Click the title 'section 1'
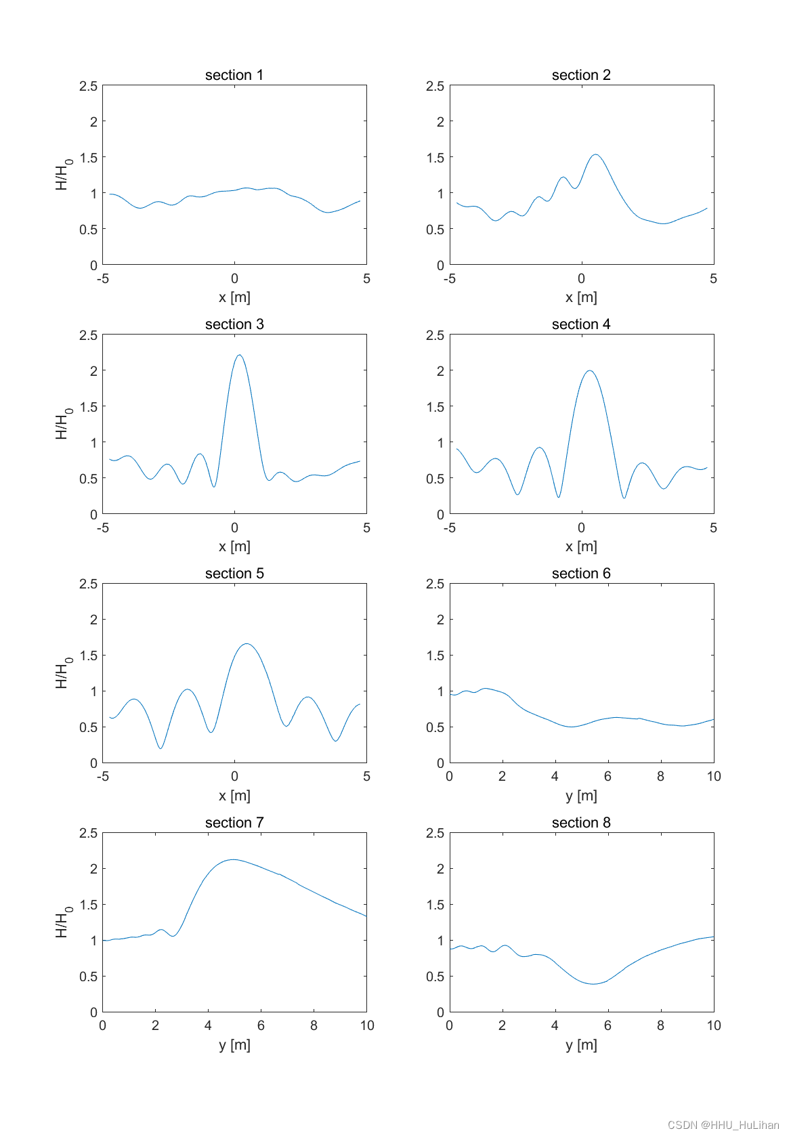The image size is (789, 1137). pos(234,75)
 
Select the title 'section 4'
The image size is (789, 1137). pos(581,324)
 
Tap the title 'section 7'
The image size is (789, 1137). pos(234,823)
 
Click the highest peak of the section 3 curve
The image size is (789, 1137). pos(239,355)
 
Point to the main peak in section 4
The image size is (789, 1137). pos(590,370)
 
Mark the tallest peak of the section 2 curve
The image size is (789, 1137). pos(595,154)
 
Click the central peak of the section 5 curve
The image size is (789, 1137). pos(247,643)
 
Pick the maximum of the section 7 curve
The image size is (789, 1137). pos(232,859)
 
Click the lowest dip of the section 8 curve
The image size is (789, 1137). pos(593,984)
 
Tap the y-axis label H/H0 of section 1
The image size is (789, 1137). pos(63,175)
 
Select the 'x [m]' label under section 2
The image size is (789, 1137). pos(581,297)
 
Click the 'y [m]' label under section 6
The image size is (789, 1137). pos(581,796)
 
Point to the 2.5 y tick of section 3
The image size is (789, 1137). pos(88,335)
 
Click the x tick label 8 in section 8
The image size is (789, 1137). pos(660,1025)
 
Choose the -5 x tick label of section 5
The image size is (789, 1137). pos(103,777)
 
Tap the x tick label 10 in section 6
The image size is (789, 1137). pos(714,777)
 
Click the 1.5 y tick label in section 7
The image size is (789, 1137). pos(88,905)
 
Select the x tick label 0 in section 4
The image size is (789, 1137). pos(581,528)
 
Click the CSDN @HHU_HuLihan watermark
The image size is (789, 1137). pos(723,1125)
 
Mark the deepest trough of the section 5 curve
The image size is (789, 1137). pos(161,748)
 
